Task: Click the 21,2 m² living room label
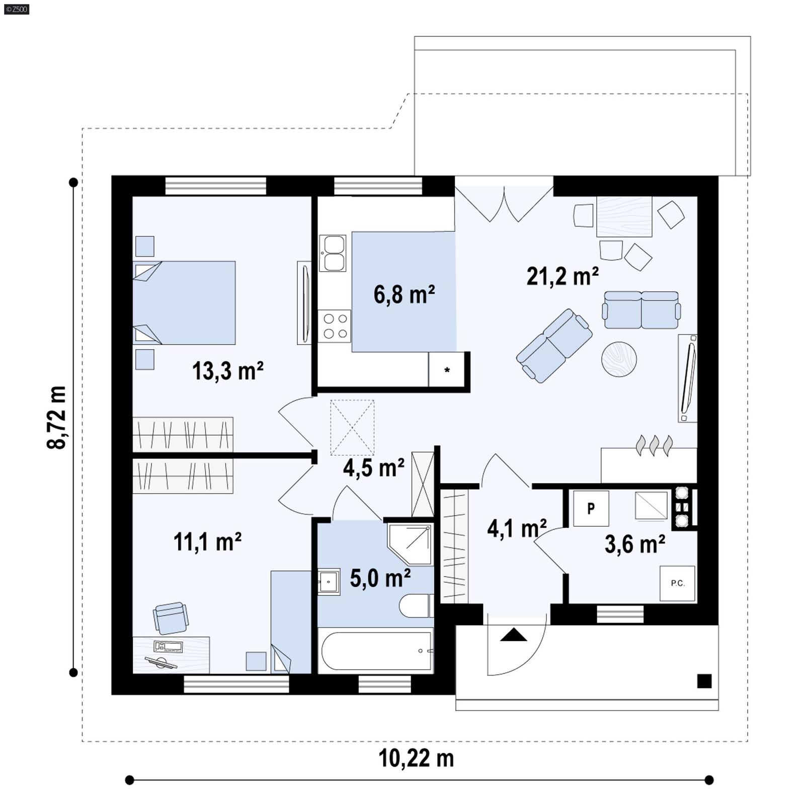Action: pyautogui.click(x=562, y=277)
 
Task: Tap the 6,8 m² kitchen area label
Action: pyautogui.click(x=404, y=294)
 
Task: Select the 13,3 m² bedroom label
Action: pyautogui.click(x=227, y=371)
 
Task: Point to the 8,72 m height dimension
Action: pyautogui.click(x=56, y=417)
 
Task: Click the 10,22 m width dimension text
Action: pyautogui.click(x=416, y=758)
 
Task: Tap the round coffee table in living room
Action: pyautogui.click(x=619, y=359)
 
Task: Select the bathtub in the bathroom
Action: pyautogui.click(x=376, y=651)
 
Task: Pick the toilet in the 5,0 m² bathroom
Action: pyautogui.click(x=416, y=606)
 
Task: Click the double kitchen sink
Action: pyautogui.click(x=333, y=253)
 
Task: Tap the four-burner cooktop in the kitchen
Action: pyautogui.click(x=335, y=326)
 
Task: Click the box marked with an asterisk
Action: pyautogui.click(x=446, y=370)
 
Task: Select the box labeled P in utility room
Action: pyautogui.click(x=591, y=508)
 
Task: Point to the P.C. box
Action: pyautogui.click(x=677, y=584)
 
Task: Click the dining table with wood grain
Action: pyautogui.click(x=624, y=217)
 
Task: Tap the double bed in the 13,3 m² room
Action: pyautogui.click(x=185, y=302)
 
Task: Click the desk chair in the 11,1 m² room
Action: pyautogui.click(x=171, y=618)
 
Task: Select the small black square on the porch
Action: pyautogui.click(x=704, y=681)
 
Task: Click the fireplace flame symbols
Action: pyautogui.click(x=654, y=445)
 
